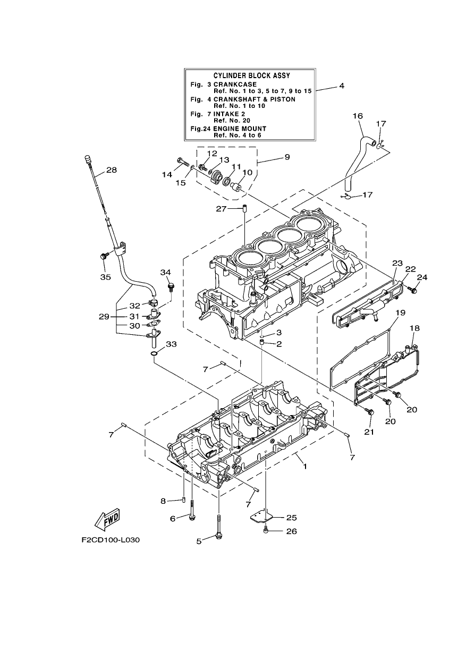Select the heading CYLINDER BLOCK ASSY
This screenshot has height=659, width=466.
click(x=251, y=75)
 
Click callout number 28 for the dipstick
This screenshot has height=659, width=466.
click(x=111, y=170)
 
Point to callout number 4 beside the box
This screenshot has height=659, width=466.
click(x=341, y=86)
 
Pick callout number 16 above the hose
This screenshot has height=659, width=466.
click(x=358, y=116)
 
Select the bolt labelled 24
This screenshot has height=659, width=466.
click(x=412, y=290)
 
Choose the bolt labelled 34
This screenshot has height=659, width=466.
click(x=171, y=286)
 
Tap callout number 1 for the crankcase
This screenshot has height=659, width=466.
click(x=305, y=466)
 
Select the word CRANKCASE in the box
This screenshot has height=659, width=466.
click(x=235, y=85)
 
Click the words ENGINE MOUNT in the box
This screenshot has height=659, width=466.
click(x=240, y=129)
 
